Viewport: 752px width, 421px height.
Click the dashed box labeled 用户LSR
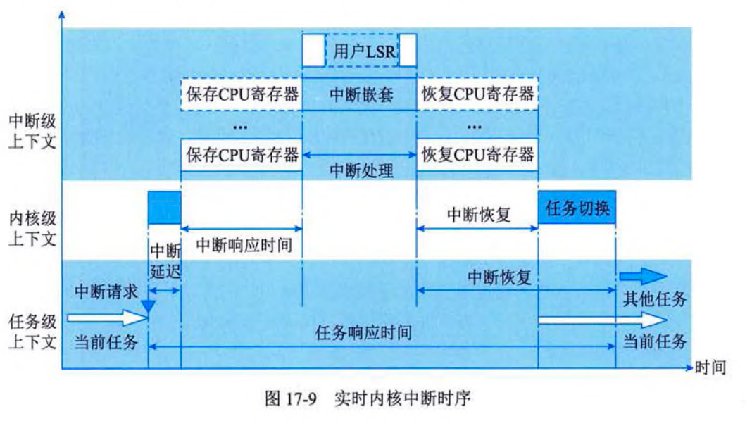coord(360,51)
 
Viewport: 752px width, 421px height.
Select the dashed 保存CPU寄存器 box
coord(241,94)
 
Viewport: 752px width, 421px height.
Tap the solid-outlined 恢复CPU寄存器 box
coord(477,154)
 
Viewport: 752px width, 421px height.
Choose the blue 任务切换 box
coord(577,208)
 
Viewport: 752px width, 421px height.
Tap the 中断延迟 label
coord(165,259)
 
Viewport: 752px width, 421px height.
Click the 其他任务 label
coord(654,299)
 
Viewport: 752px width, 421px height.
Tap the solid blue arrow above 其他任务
coord(641,276)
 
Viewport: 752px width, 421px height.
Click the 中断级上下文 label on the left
coord(30,131)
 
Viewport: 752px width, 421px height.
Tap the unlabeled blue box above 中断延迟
coord(164,208)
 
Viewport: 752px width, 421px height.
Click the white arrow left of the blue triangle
coord(105,319)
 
